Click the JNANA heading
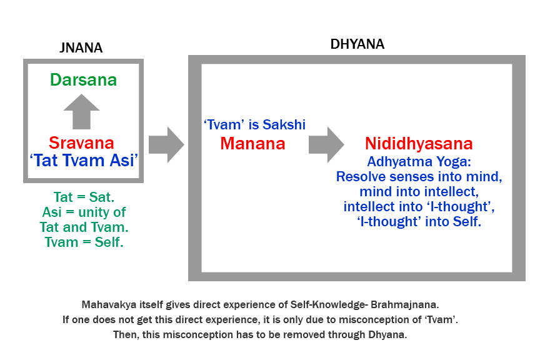coord(80,47)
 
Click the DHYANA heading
coord(357,44)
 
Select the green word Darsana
coord(84,80)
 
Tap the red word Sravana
coord(84,142)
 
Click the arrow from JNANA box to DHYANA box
coord(167,144)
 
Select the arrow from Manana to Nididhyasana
coord(326,144)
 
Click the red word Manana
coord(252,144)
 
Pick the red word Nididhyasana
coord(419,144)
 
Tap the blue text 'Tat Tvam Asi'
coord(84,160)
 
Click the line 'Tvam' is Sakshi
coord(254,125)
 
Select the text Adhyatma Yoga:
coord(418,161)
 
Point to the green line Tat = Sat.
coord(84,198)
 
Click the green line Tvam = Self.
coord(84,242)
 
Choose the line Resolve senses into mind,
coord(419,176)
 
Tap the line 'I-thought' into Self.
coord(419,221)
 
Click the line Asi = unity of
coord(84,212)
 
